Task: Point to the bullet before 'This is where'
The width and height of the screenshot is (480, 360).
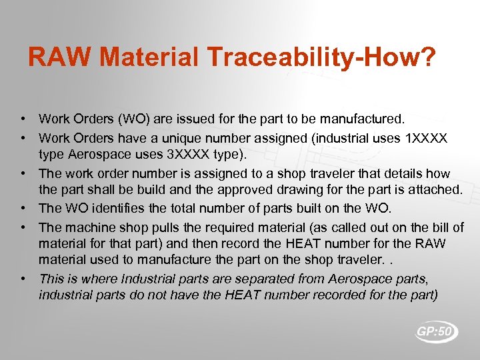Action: coord(23,279)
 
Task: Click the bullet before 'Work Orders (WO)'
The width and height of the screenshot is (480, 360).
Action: coord(23,120)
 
